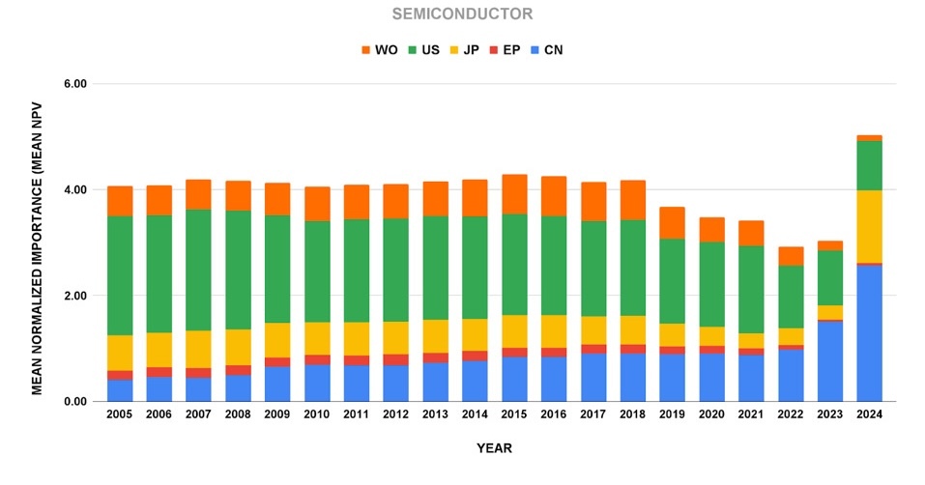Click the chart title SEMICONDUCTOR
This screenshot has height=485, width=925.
[462, 14]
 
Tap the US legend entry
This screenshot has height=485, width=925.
[428, 49]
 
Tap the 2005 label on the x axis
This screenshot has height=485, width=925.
[120, 414]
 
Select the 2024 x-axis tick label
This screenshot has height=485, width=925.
[869, 414]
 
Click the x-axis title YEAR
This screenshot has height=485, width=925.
[493, 448]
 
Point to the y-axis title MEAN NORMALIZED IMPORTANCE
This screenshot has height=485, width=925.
[37, 242]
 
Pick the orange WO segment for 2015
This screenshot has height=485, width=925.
[514, 194]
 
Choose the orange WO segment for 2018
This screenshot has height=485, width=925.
[632, 200]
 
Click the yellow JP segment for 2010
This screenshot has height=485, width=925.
[317, 338]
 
